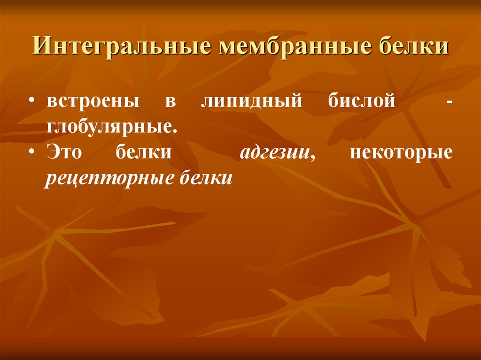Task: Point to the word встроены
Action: pos(93,102)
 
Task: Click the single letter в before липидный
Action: pos(170,103)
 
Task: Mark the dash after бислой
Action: pos(450,103)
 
